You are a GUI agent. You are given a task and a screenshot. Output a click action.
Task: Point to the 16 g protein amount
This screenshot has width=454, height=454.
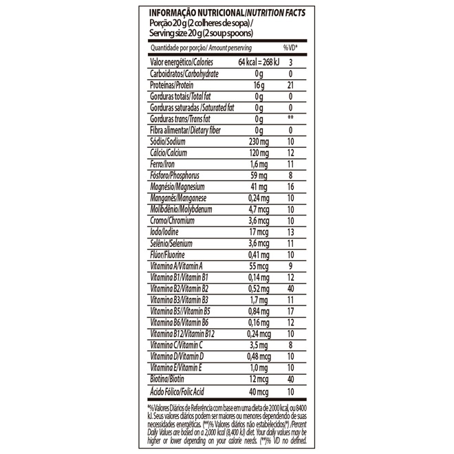pos(258,85)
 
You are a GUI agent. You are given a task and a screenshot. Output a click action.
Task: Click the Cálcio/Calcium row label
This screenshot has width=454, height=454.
pos(169,152)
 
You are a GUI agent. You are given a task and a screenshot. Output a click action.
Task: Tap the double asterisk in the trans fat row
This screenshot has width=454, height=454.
pos(291,118)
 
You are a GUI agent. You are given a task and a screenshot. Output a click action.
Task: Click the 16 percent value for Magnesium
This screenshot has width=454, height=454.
pos(291,186)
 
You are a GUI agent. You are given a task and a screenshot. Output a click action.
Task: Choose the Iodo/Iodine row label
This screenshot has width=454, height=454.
pos(166,232)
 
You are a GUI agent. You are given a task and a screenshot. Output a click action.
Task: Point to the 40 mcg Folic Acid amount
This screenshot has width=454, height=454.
pos(257,391)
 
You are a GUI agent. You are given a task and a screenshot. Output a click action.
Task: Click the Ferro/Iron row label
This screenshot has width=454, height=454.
pos(163,164)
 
